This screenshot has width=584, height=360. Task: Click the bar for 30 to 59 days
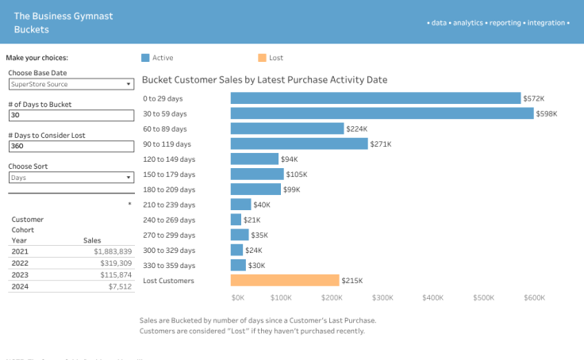382,113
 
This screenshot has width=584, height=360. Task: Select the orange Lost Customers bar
285,280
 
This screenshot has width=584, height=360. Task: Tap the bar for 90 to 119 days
299,144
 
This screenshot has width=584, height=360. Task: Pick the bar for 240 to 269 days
236,220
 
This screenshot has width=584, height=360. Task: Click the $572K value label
533,98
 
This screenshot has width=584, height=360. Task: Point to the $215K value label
352,281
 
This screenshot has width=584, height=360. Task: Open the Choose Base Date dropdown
71,84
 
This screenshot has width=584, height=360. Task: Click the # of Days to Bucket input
71,115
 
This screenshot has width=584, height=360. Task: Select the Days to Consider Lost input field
71,146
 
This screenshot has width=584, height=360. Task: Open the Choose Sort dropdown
71,178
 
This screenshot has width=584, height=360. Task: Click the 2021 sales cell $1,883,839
110,251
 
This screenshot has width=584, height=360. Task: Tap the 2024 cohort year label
20,288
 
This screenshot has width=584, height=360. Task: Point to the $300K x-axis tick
382,298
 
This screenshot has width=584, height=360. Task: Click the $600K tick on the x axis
534,298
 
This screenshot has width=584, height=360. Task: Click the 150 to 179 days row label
169,174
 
